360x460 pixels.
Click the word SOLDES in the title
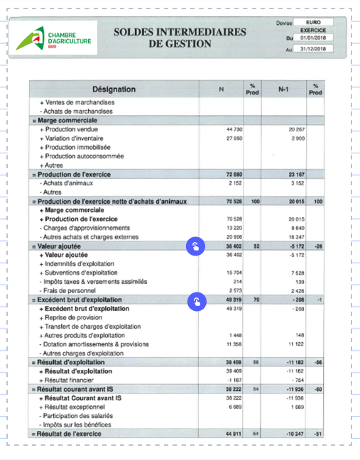tap(138, 33)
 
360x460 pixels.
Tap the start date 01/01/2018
tap(313, 38)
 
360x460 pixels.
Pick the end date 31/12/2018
tap(313, 50)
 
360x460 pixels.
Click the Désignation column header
tap(114, 89)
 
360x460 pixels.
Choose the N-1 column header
tap(283, 89)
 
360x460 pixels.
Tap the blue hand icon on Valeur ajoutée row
tap(195, 246)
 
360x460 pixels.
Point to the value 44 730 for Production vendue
tap(234, 130)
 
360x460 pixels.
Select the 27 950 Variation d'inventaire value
tap(234, 138)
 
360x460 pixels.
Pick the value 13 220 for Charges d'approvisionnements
tap(234, 228)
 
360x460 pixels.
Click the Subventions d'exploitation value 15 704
tap(234, 273)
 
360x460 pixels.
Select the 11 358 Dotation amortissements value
tap(234, 344)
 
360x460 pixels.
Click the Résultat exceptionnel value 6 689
tap(234, 407)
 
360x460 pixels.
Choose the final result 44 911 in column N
tap(234, 433)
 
